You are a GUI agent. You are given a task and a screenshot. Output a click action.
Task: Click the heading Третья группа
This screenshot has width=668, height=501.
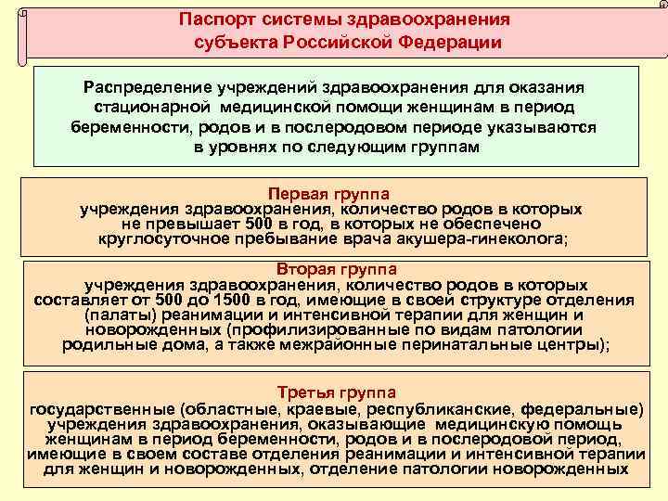point(333,392)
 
